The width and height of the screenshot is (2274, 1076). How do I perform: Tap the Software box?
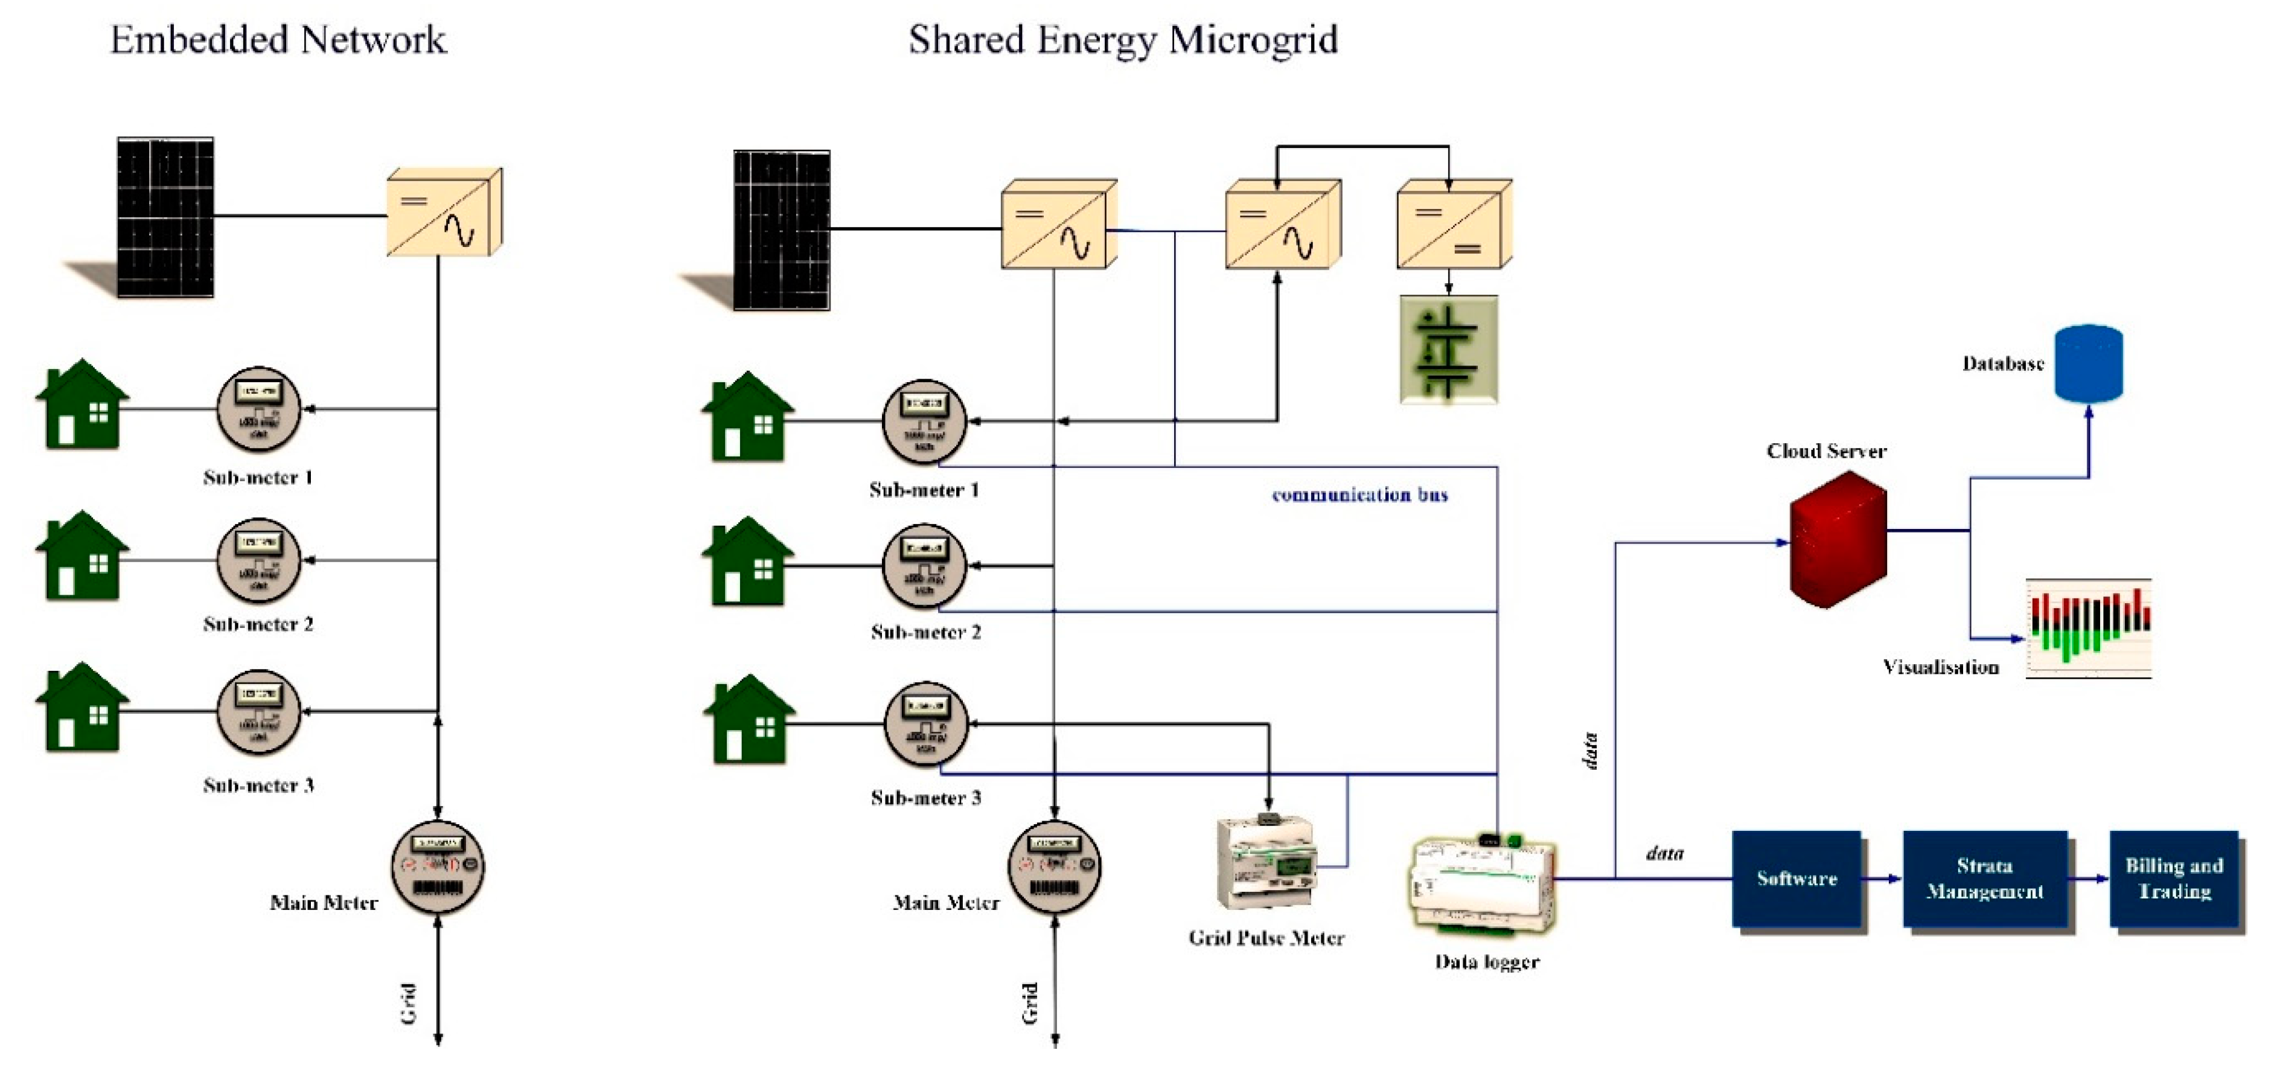[x=1797, y=879]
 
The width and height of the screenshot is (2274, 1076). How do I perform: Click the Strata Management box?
[x=1984, y=879]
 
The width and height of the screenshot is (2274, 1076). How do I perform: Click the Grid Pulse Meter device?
[x=1266, y=863]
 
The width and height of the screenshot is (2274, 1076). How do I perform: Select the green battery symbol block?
[x=1449, y=350]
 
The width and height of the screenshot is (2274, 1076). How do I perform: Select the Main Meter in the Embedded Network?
[x=438, y=867]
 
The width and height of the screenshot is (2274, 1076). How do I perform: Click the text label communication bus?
[x=1359, y=495]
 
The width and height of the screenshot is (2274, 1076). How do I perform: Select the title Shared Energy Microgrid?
[x=1123, y=40]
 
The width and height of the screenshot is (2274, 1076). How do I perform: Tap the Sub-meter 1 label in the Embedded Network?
[x=258, y=478]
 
